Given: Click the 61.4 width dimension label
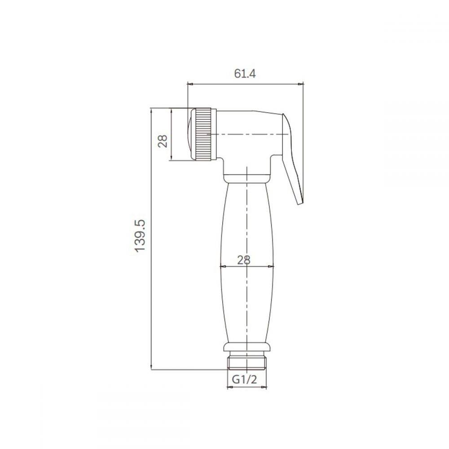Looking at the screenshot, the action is tap(245, 74).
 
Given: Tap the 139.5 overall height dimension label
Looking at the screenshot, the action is tap(140, 236).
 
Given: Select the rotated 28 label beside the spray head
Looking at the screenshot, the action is tap(163, 141).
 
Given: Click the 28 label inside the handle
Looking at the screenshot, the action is tap(244, 260).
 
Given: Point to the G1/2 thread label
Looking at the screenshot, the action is tap(244, 379).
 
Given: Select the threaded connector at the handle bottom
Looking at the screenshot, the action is tap(247, 362).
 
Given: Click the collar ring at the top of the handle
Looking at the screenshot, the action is tap(247, 178).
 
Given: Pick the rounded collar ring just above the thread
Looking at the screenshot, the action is tap(247, 347).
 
